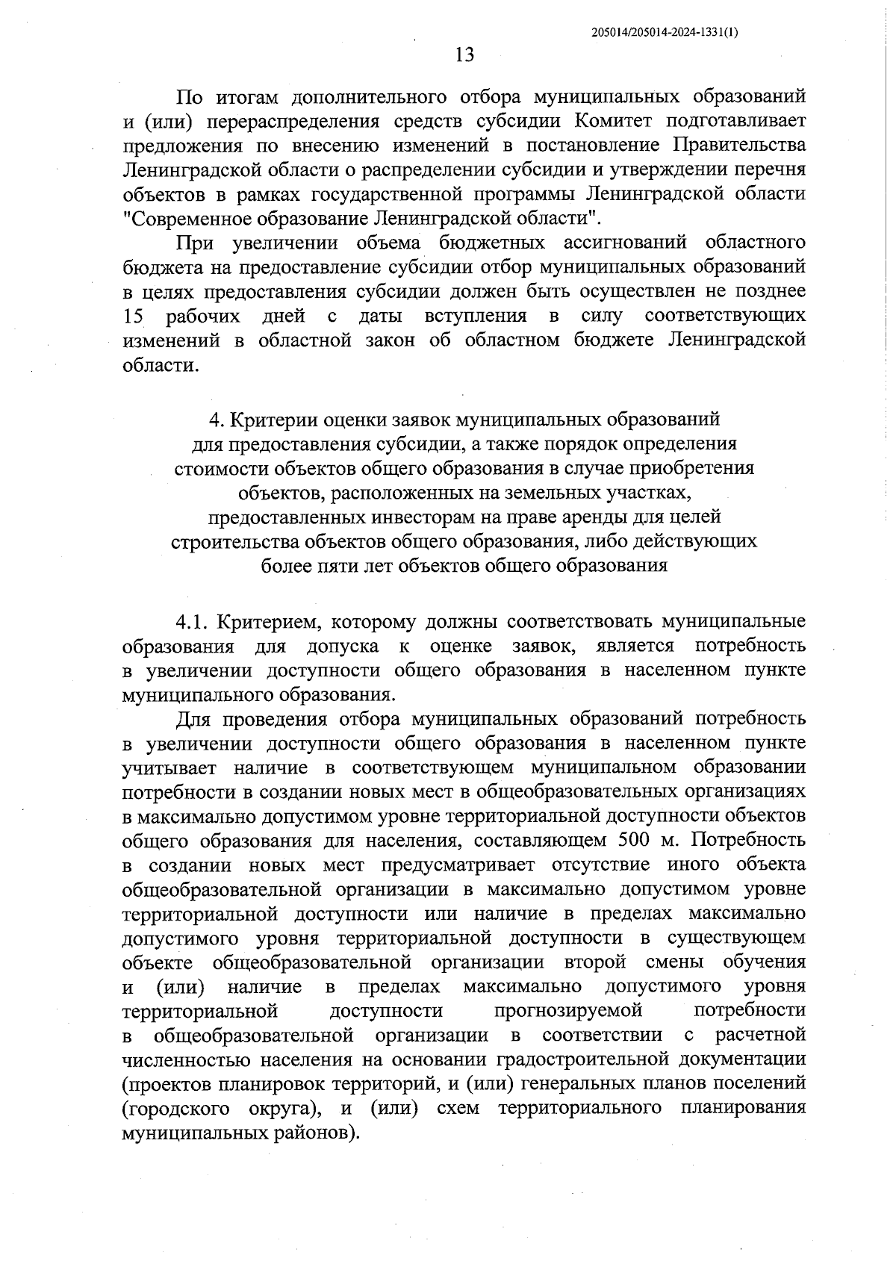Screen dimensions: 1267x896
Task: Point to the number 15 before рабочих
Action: coord(133,316)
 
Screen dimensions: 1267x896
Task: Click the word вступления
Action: coord(475,316)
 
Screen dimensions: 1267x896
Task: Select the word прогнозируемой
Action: coord(568,1011)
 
